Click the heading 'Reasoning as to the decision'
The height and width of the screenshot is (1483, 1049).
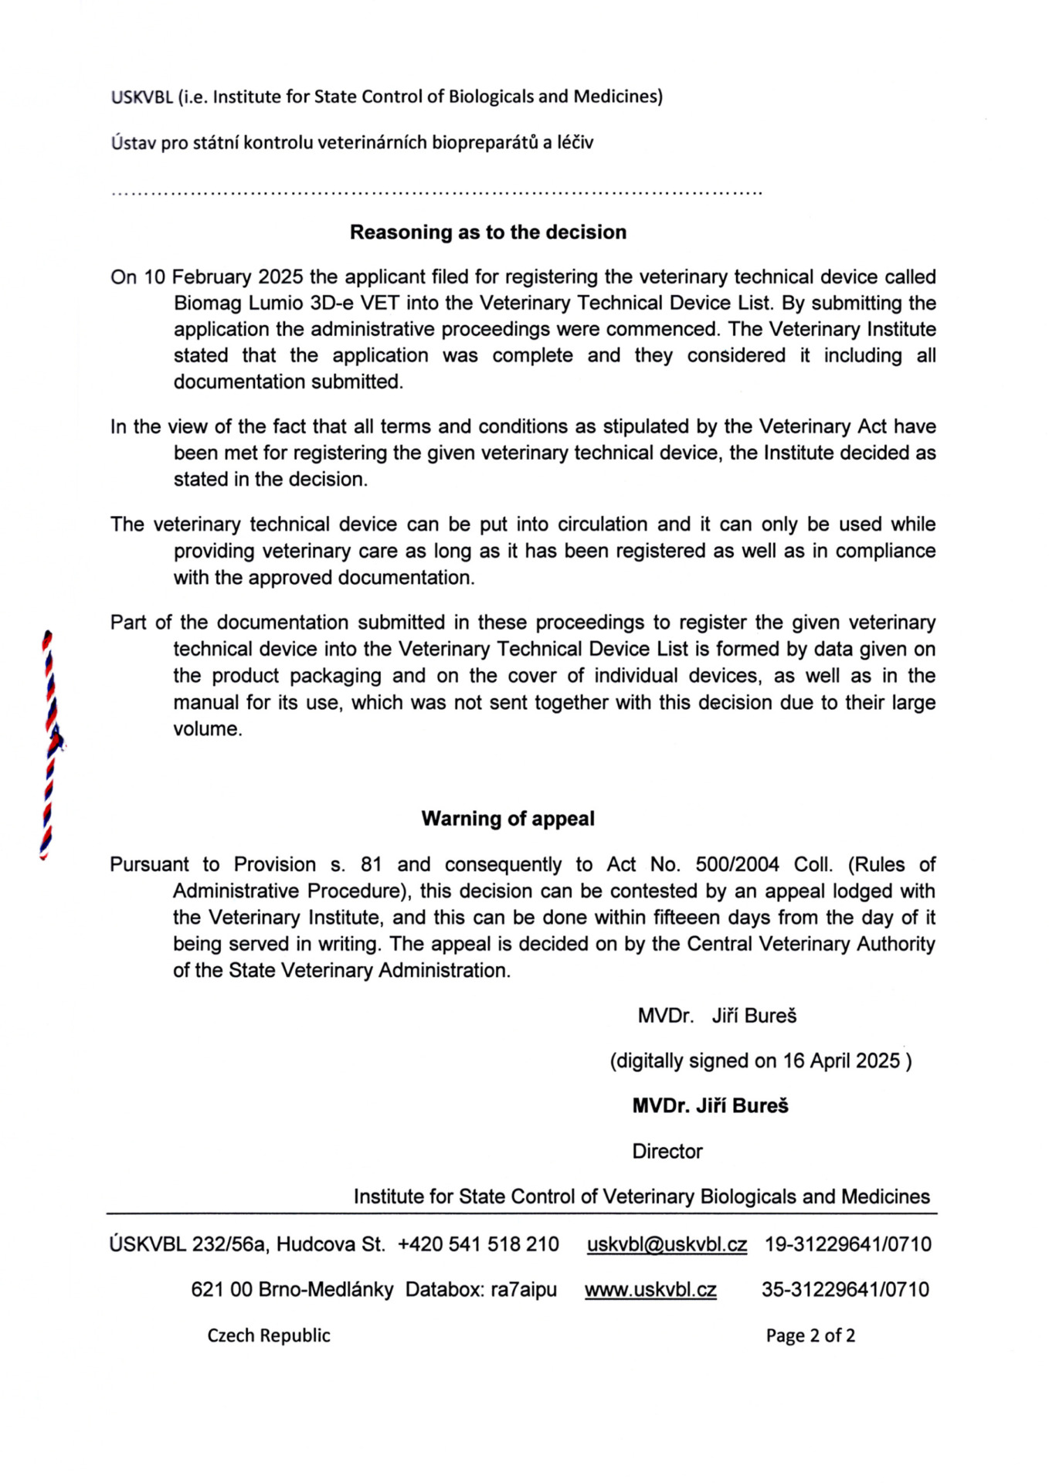point(487,232)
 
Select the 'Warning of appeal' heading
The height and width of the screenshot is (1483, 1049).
point(508,819)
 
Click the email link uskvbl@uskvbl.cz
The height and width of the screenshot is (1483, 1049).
point(667,1244)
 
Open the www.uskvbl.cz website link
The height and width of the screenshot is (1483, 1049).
point(650,1289)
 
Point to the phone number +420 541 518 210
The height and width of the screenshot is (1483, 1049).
point(478,1244)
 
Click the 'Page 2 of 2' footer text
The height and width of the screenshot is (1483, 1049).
point(810,1335)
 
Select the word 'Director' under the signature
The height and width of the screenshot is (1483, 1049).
point(667,1151)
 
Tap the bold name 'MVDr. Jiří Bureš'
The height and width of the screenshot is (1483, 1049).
point(710,1105)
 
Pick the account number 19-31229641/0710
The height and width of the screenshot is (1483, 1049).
point(848,1244)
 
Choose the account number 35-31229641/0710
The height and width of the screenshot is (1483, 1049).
point(845,1289)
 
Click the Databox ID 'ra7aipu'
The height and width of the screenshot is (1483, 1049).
point(524,1289)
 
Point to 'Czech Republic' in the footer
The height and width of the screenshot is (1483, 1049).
point(269,1335)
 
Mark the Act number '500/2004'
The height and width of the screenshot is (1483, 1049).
point(737,864)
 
